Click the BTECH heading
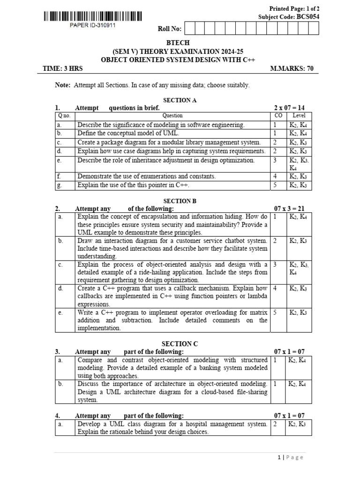coord(180,43)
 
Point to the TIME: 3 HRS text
coord(62,68)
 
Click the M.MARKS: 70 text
coord(292,68)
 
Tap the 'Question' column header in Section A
coord(172,115)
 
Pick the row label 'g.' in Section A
coord(60,185)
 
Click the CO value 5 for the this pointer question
coord(275,185)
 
